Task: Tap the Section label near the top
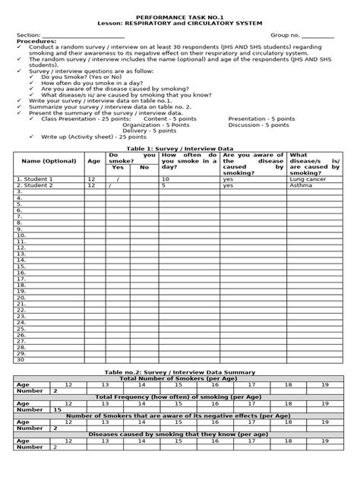pyautogui.click(x=28, y=36)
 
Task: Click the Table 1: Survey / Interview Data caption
pyautogui.click(x=180, y=149)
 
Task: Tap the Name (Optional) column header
pyautogui.click(x=49, y=161)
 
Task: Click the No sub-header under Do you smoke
pyautogui.click(x=144, y=167)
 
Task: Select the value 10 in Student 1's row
pyautogui.click(x=165, y=178)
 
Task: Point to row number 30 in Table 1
pyautogui.click(x=21, y=359)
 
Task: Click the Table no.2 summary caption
pyautogui.click(x=180, y=372)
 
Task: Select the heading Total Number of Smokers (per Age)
pyautogui.click(x=180, y=378)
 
